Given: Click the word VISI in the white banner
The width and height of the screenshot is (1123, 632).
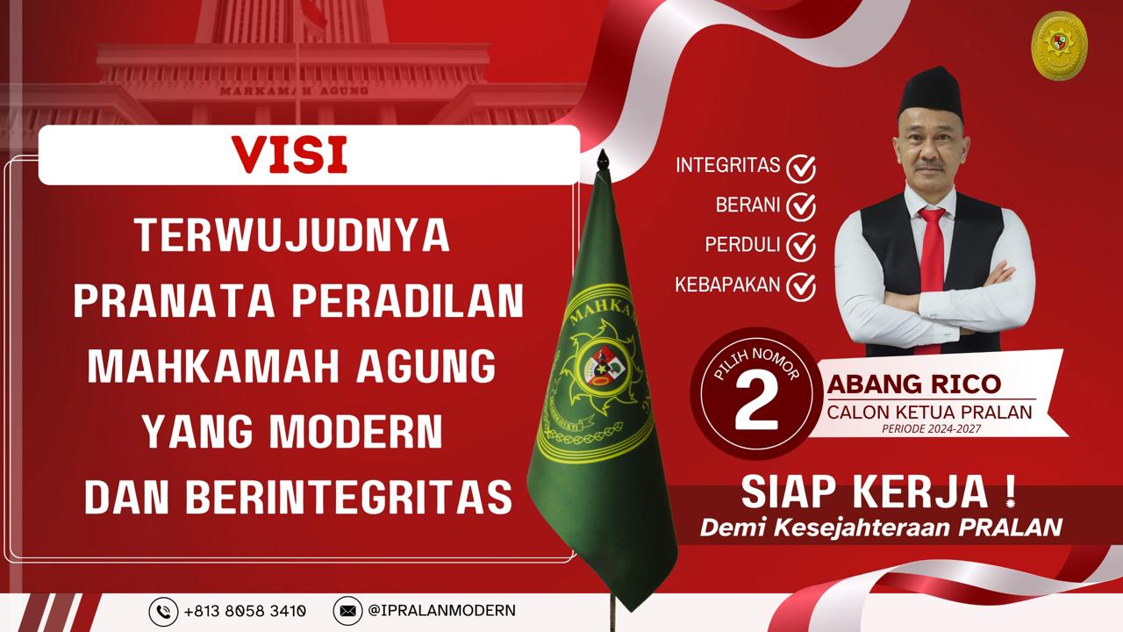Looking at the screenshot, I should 290,154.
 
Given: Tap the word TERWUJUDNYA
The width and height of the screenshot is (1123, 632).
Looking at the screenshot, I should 292,235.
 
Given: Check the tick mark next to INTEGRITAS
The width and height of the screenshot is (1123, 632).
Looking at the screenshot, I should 801,167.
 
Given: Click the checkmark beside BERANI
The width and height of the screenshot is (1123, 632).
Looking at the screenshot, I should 801,206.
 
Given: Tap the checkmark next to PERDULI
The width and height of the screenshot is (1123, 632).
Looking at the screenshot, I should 801,247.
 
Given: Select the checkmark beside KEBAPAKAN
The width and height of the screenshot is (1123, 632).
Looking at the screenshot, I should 801,286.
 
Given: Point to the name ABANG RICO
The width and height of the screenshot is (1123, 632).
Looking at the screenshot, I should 913,385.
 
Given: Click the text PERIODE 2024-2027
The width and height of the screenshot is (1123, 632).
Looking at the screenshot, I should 931,429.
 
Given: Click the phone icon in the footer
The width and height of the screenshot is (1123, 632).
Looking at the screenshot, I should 163,610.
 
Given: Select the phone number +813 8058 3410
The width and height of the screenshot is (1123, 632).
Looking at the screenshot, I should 245,610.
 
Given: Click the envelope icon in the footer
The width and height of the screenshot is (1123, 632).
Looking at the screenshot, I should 348,610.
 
